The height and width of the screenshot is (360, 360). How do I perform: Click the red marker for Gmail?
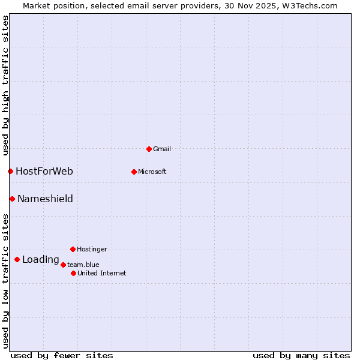pos(149,149)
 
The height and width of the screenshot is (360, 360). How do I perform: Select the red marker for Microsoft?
pos(134,172)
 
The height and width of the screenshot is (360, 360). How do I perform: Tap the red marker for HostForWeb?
pos(10,172)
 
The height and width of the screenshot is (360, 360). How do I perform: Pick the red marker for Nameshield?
pos(12,199)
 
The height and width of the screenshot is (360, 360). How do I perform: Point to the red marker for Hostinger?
pos(73,249)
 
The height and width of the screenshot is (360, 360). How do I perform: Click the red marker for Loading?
pos(17,260)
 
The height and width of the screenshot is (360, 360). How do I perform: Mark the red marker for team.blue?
pos(63,265)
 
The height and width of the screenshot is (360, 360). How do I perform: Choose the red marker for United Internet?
pos(73,273)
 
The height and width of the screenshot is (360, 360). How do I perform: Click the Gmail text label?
pos(162,149)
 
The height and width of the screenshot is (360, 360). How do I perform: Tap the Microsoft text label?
pos(152,172)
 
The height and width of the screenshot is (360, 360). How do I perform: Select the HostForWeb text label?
pos(44,172)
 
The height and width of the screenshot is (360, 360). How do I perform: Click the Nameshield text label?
pos(45,199)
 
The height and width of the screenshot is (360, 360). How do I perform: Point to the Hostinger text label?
pos(92,249)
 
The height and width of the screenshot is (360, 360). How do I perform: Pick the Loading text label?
pos(40,260)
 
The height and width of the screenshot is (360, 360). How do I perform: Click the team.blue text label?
pos(83,265)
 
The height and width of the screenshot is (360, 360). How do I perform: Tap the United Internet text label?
pos(102,273)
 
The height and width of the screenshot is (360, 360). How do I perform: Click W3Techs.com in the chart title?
pos(310,6)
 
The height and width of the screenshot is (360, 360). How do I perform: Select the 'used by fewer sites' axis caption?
pos(62,355)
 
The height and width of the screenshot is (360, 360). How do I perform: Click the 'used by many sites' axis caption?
pos(301,355)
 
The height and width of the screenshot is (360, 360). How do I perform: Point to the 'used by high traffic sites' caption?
pos(6,85)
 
